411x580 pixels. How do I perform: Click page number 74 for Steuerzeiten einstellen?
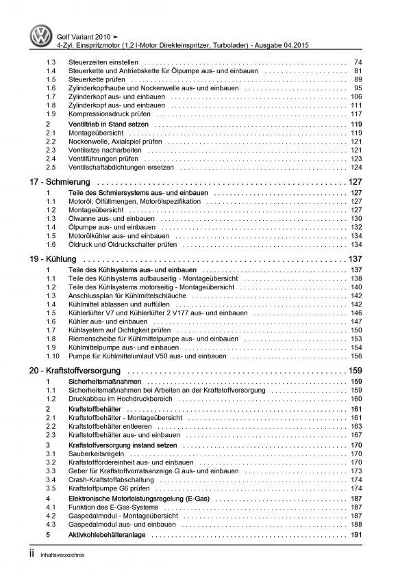(357, 62)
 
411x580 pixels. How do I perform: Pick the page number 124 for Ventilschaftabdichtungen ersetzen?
(356, 168)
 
